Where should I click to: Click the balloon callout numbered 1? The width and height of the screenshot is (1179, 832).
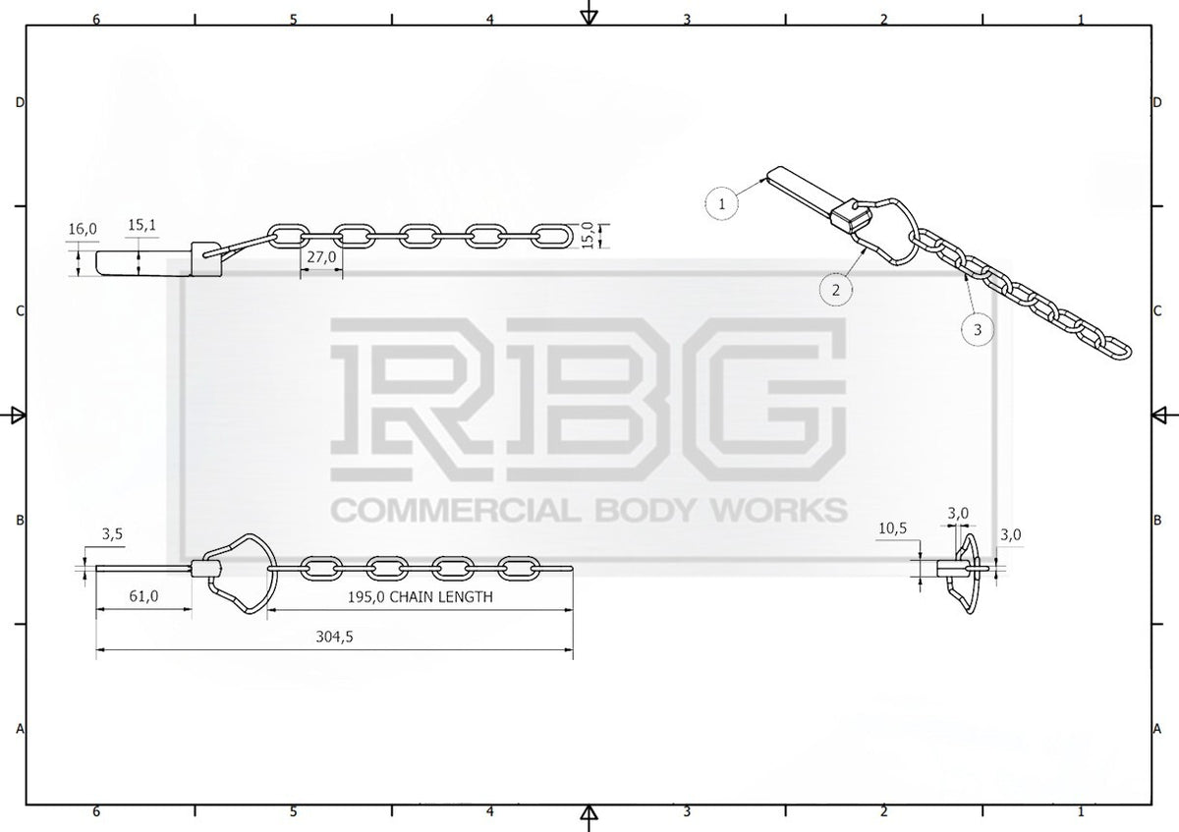tap(721, 203)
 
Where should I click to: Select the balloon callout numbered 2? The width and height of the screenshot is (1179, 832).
tap(836, 290)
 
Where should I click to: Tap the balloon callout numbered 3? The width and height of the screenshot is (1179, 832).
tap(978, 330)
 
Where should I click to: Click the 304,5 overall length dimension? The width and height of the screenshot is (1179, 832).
tap(334, 638)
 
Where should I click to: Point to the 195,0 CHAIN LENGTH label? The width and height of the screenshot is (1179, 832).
tap(421, 597)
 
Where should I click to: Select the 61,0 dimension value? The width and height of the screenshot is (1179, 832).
tap(143, 596)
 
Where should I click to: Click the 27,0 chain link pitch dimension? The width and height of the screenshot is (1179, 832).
tap(321, 256)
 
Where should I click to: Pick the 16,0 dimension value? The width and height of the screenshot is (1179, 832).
tap(83, 229)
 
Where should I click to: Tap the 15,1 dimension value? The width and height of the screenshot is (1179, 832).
tap(142, 225)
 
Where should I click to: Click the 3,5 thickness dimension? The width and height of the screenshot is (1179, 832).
tap(112, 534)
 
